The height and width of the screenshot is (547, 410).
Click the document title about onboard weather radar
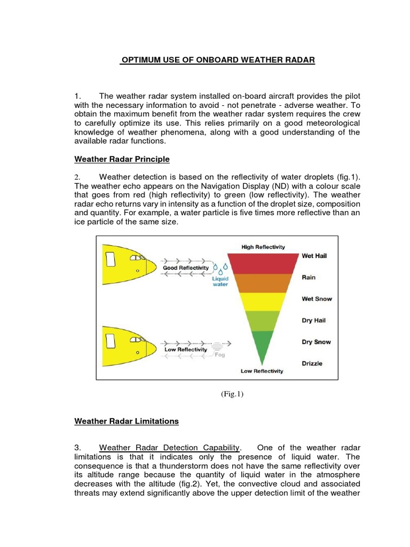pyautogui.click(x=218, y=60)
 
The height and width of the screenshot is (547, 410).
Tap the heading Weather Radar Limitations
pyautogui.click(x=126, y=421)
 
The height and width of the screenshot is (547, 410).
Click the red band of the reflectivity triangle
pyautogui.click(x=263, y=262)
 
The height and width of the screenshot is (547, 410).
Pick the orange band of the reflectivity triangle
pyautogui.click(x=263, y=283)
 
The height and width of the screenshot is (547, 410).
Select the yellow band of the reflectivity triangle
pyautogui.click(x=263, y=302)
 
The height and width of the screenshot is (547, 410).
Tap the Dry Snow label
pyautogui.click(x=316, y=342)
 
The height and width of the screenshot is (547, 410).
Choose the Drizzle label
pyautogui.click(x=312, y=364)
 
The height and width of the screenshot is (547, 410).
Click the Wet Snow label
pyautogui.click(x=317, y=299)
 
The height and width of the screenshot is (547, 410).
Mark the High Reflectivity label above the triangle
pyautogui.click(x=263, y=247)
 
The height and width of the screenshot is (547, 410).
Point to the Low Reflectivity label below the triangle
pyautogui.click(x=262, y=371)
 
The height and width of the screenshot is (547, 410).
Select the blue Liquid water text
pyautogui.click(x=220, y=281)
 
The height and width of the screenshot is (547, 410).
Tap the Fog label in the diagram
pyautogui.click(x=219, y=354)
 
